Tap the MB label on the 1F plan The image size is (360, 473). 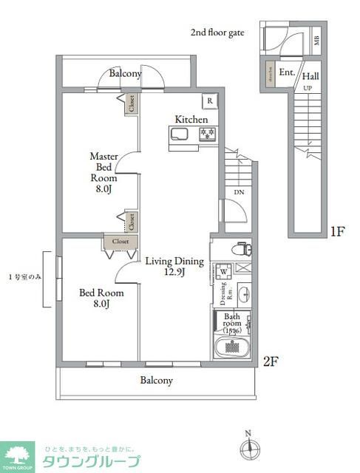(316, 40)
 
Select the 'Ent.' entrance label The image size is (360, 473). (287, 72)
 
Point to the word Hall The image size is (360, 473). (310, 75)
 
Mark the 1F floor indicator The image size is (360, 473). (337, 231)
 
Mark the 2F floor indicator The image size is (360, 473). (271, 361)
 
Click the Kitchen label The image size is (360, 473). (191, 119)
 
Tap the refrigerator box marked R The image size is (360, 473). (211, 101)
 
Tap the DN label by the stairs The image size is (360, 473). (239, 193)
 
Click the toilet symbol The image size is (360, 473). (241, 250)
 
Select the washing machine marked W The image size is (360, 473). (224, 271)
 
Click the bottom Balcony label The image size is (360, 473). (156, 381)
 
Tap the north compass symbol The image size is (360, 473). (248, 446)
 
